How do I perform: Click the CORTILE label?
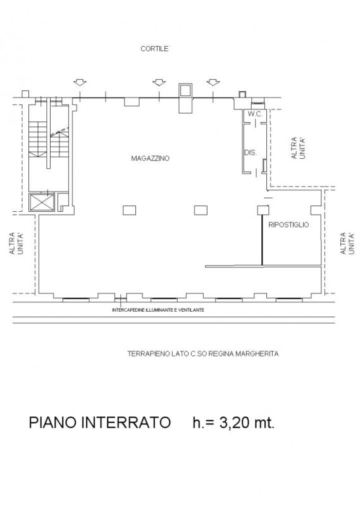click(154, 49)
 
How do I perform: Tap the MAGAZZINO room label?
click(150, 159)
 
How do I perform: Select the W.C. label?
click(255, 114)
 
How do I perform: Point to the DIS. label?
click(250, 152)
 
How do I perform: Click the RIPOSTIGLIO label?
click(289, 225)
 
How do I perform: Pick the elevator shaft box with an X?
click(42, 202)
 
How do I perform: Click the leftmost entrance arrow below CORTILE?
click(80, 82)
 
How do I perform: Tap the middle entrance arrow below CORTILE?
click(159, 82)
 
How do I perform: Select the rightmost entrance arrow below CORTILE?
click(213, 82)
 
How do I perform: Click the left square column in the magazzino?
click(129, 211)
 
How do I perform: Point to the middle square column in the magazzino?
click(201, 211)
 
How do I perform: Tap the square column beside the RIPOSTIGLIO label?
click(263, 211)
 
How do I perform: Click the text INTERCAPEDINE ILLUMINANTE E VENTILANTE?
click(158, 310)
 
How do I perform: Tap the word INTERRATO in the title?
click(126, 422)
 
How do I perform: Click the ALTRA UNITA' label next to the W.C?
click(299, 148)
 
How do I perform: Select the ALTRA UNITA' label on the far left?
click(16, 244)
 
